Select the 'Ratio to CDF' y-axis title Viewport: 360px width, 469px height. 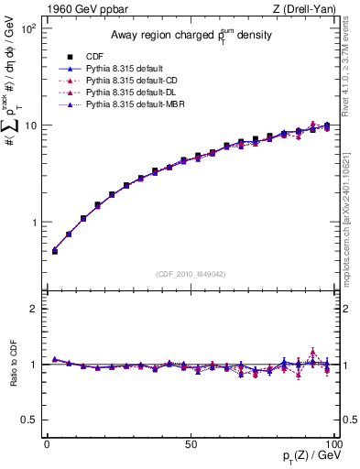click(x=12, y=365)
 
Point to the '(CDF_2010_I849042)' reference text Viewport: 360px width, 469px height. click(x=189, y=273)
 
